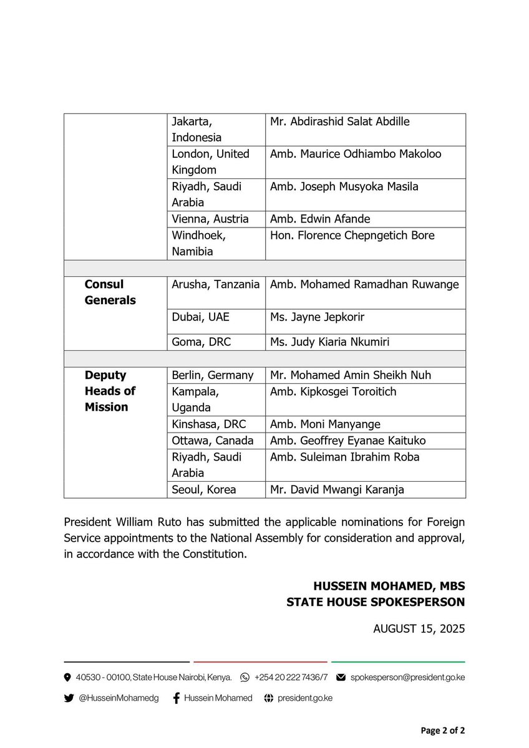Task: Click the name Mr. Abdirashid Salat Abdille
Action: click(339, 122)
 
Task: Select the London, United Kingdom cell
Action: click(211, 162)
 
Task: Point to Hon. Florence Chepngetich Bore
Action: click(352, 236)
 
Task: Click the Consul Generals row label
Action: click(110, 292)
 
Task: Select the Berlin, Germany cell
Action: click(213, 375)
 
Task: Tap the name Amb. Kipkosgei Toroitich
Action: click(333, 391)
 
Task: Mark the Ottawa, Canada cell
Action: click(213, 441)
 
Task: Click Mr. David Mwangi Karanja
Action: click(337, 489)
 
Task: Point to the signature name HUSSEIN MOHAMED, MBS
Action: click(389, 587)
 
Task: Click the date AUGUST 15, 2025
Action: click(419, 629)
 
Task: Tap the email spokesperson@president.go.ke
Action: click(407, 677)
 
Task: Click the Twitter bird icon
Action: click(69, 698)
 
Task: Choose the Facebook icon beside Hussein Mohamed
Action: click(177, 698)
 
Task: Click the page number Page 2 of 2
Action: click(442, 731)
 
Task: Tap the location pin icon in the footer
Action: click(67, 677)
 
